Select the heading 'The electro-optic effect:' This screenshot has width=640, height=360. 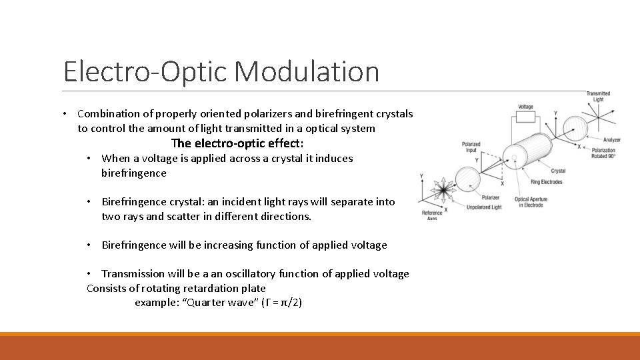tap(237, 143)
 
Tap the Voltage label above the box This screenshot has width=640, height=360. tap(525, 107)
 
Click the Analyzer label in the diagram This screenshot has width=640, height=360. tap(611, 140)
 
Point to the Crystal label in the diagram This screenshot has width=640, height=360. tap(558, 171)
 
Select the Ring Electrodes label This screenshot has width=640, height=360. tap(546, 182)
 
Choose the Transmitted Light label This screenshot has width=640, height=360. tap(598, 96)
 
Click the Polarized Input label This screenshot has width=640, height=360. tap(472, 147)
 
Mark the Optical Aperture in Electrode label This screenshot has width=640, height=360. tap(531, 202)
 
